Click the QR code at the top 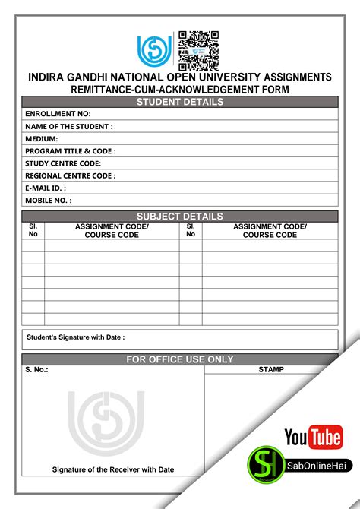pyautogui.click(x=198, y=51)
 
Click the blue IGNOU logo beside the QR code pyautogui.click(x=155, y=51)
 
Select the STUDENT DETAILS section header pyautogui.click(x=180, y=102)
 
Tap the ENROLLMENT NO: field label pyautogui.click(x=58, y=114)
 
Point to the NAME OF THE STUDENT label pyautogui.click(x=68, y=126)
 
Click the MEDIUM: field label pyautogui.click(x=42, y=139)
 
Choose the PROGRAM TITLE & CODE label pyautogui.click(x=70, y=151)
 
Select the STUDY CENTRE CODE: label pyautogui.click(x=63, y=163)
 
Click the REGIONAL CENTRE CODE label pyautogui.click(x=70, y=175)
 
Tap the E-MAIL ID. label pyautogui.click(x=46, y=188)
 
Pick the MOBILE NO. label pyautogui.click(x=48, y=201)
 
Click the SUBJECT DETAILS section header pyautogui.click(x=180, y=217)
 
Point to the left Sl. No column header pyautogui.click(x=33, y=230)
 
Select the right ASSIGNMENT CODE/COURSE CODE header pyautogui.click(x=270, y=230)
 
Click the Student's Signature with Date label pyautogui.click(x=76, y=337)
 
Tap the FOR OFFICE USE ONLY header pyautogui.click(x=180, y=359)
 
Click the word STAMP pyautogui.click(x=271, y=370)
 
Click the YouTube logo pyautogui.click(x=313, y=438)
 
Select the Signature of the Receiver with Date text pyautogui.click(x=113, y=469)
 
